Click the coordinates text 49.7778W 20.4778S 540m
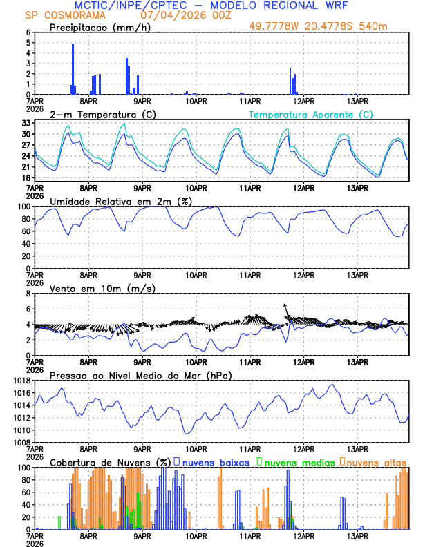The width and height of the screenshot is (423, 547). pos(328,27)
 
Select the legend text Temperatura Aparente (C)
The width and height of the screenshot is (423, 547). pos(311,114)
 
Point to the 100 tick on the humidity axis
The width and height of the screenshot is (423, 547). pos(22,207)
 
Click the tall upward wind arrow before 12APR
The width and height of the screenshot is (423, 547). pos(285,310)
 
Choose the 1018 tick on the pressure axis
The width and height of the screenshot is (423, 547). pos(20,381)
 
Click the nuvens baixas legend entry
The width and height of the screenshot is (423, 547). pos(215,462)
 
